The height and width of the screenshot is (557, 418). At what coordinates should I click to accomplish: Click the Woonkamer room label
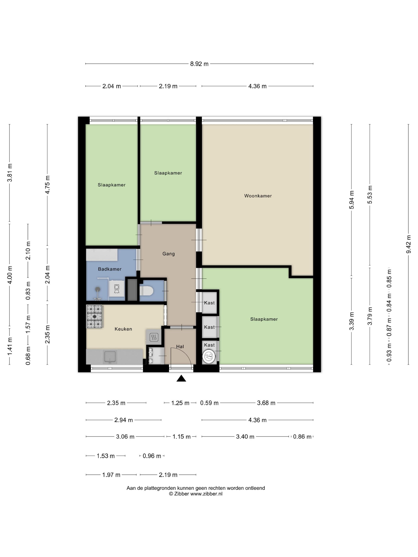click(258, 196)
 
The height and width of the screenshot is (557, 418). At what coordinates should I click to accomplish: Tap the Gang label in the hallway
click(169, 254)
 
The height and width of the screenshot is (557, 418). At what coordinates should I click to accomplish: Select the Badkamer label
click(110, 269)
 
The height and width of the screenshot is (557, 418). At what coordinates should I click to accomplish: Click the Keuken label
click(123, 329)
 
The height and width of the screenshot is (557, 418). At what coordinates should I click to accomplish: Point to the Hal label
click(180, 347)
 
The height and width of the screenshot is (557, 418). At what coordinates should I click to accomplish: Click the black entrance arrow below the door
click(181, 379)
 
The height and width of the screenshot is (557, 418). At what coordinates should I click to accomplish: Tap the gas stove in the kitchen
click(95, 316)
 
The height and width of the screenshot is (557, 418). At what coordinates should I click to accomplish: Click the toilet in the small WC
click(146, 291)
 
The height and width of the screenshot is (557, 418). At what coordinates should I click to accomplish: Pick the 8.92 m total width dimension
click(199, 64)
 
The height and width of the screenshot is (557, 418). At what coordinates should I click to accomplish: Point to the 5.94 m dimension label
click(352, 200)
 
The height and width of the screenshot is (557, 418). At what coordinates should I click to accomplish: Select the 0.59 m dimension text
click(209, 403)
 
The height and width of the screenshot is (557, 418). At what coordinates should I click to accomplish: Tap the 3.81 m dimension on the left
click(10, 172)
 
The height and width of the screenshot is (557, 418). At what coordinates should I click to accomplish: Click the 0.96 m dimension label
click(152, 456)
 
